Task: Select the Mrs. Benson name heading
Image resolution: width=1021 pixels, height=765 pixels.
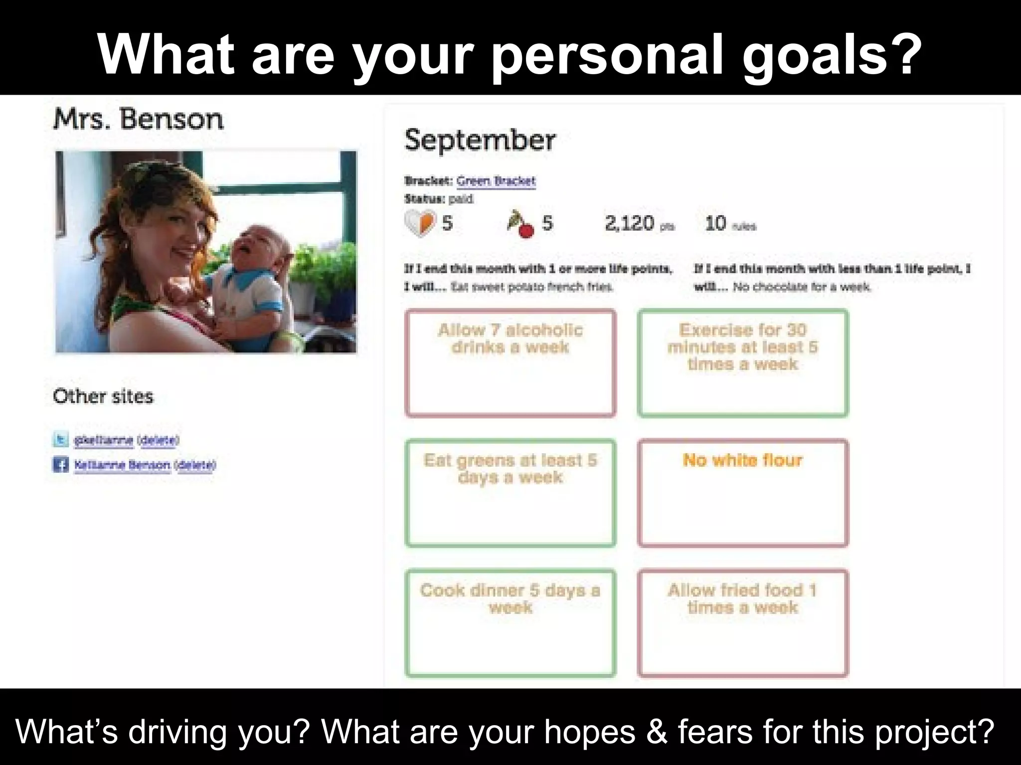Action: tap(138, 120)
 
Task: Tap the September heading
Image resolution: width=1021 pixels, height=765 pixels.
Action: tap(479, 140)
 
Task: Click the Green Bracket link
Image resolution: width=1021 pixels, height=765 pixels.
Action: tap(496, 181)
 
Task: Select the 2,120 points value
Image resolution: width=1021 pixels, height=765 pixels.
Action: tap(629, 223)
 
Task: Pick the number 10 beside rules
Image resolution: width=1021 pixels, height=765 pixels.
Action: tap(715, 223)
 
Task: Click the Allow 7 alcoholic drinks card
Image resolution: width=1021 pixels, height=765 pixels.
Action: tap(510, 363)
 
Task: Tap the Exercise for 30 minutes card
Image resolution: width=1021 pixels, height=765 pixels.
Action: tap(743, 363)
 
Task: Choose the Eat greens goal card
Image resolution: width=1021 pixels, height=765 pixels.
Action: tap(510, 493)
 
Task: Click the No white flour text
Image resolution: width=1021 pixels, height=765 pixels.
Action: tap(742, 460)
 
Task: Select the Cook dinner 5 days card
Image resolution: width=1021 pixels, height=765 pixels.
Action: tap(510, 623)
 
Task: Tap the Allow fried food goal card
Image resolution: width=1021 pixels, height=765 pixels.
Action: tap(743, 623)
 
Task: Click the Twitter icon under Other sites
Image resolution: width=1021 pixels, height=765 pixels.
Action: tap(61, 440)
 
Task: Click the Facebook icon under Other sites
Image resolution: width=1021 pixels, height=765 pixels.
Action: tap(61, 465)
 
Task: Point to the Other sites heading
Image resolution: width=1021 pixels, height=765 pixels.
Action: tap(103, 396)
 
